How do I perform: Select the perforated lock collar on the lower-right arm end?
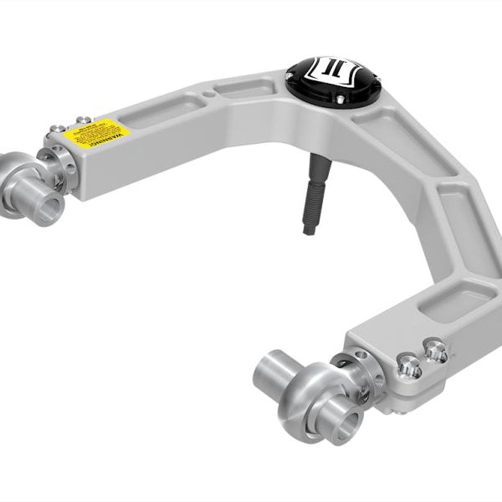pos(356,372)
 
